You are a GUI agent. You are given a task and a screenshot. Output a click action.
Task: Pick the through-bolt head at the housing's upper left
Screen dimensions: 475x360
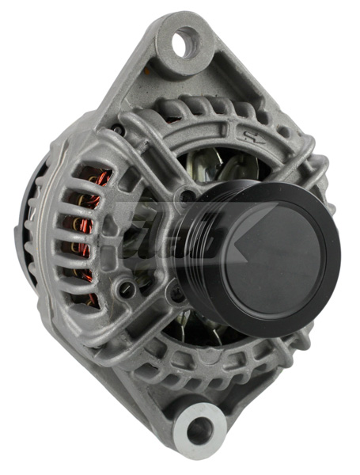(x=118, y=128)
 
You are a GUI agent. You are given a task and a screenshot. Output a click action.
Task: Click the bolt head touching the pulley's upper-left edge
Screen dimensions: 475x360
(x=188, y=193)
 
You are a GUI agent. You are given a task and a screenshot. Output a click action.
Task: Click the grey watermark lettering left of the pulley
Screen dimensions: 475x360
(x=142, y=237)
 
